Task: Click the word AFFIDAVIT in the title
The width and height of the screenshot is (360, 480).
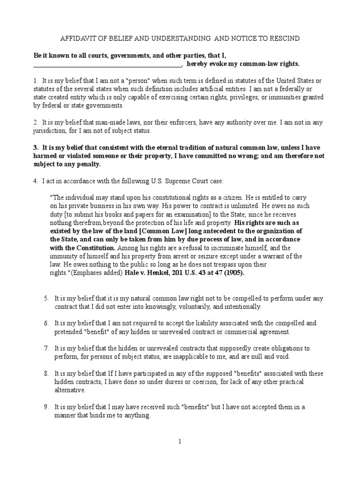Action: point(81,38)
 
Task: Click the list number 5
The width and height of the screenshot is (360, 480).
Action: point(46,298)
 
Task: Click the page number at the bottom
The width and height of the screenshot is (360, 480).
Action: point(180,441)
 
